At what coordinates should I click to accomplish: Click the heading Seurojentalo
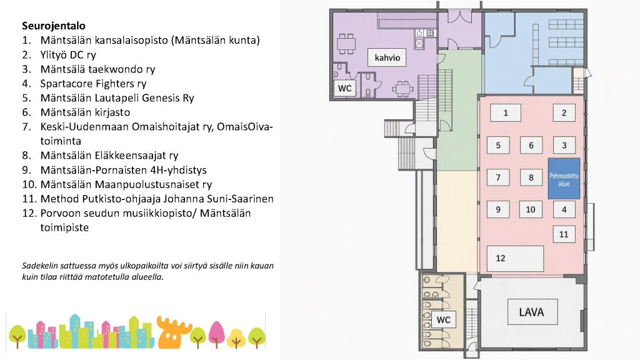coord(54,26)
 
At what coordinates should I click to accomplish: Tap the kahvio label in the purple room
coord(387,57)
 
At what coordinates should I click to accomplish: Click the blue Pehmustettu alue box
coord(564,179)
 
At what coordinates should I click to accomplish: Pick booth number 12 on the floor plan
coord(515,258)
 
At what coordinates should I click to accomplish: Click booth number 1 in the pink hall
coord(505,112)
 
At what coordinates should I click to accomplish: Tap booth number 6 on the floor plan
coord(531,145)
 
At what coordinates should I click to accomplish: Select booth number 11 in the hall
coord(564,234)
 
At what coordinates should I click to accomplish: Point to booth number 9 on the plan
coord(498,209)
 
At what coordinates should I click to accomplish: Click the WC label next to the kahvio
coord(344,88)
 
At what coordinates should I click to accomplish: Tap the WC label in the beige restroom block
coord(444,319)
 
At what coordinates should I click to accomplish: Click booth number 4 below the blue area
coord(564,209)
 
